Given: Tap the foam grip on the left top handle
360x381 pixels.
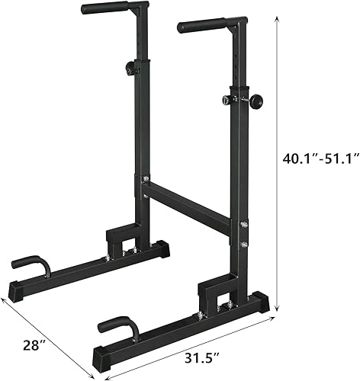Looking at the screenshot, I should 104,8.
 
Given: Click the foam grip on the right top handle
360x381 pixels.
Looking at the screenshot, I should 201,26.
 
